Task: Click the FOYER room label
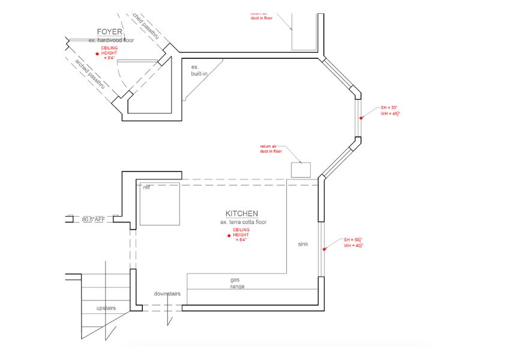(110, 31)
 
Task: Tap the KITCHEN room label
(242, 214)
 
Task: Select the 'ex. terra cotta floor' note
(243, 222)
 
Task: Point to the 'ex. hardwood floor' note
(111, 40)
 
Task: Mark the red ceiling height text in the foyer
(109, 52)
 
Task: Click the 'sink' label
(304, 244)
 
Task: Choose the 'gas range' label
(238, 283)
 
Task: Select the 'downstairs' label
(167, 294)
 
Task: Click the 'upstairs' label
(106, 308)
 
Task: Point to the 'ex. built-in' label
(198, 70)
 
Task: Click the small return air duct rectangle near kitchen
(301, 170)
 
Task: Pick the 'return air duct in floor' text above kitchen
(271, 149)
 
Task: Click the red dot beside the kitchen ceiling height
(229, 236)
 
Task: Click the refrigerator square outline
(160, 204)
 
